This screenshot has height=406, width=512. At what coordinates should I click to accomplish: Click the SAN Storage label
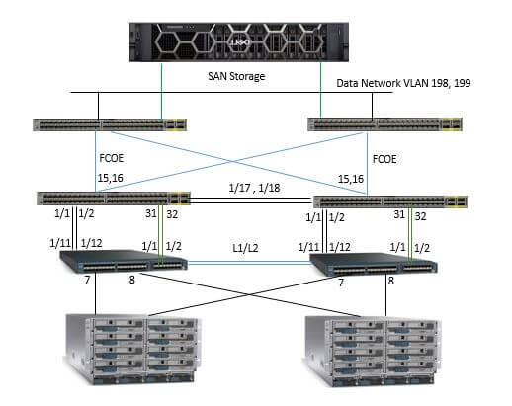[236, 76]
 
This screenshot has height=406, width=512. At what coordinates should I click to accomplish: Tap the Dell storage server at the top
[239, 41]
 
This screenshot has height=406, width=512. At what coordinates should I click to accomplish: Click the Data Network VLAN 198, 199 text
[403, 83]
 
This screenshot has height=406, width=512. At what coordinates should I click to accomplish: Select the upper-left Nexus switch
[110, 125]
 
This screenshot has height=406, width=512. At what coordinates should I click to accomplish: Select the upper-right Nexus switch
[384, 124]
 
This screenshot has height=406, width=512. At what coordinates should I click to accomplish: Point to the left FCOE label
[112, 158]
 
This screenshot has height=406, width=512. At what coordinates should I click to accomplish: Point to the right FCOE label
[384, 159]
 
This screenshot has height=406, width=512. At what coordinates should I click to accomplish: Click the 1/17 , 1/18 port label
[254, 188]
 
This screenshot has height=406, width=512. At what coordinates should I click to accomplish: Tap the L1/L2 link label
[245, 248]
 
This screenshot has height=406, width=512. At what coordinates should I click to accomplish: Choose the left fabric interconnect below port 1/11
[124, 262]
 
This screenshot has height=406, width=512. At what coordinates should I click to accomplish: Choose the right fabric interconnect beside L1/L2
[374, 265]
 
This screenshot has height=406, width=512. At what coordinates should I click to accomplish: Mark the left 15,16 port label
[110, 178]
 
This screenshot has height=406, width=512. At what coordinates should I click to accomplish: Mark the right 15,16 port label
[351, 179]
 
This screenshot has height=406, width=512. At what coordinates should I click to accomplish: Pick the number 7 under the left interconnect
[87, 280]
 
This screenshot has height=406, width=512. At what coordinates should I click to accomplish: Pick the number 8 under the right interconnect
[390, 281]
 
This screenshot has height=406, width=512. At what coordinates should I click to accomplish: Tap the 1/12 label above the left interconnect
[91, 243]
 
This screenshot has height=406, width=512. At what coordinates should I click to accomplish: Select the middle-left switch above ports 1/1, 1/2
[114, 199]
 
